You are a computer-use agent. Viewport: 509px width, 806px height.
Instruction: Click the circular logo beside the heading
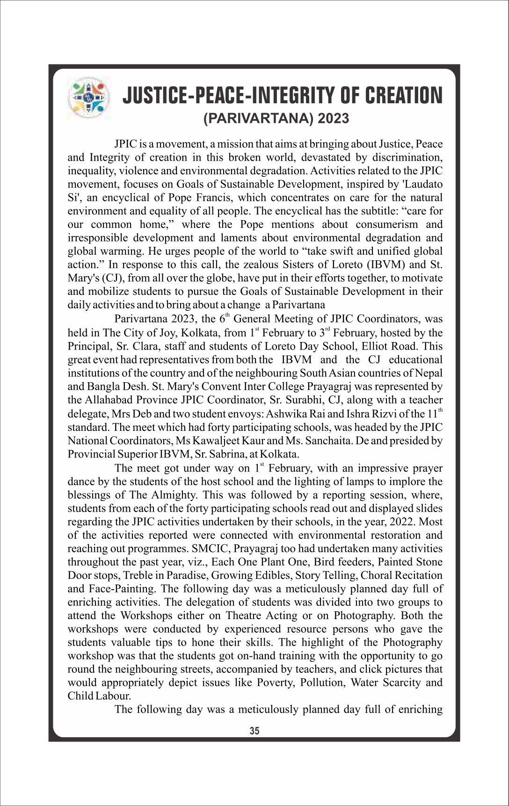coord(88,97)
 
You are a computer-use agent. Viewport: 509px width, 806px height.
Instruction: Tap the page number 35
coord(254,731)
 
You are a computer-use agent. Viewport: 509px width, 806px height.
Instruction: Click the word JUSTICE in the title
coord(154,95)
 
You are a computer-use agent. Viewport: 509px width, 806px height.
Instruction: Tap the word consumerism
coord(388,224)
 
